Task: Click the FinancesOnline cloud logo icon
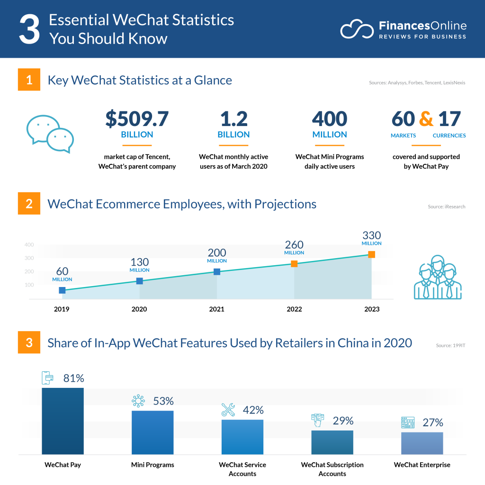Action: pyautogui.click(x=356, y=29)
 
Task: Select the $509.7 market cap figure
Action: pyautogui.click(x=137, y=119)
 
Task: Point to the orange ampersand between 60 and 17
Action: pyautogui.click(x=426, y=119)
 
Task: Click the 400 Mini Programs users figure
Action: pyautogui.click(x=330, y=119)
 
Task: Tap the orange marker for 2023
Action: pyautogui.click(x=371, y=255)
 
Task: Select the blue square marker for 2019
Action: pyautogui.click(x=62, y=290)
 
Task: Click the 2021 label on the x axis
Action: pyautogui.click(x=216, y=309)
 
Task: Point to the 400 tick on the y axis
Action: pyautogui.click(x=29, y=245)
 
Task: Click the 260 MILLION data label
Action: pyautogui.click(x=294, y=247)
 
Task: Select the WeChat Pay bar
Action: pyautogui.click(x=63, y=421)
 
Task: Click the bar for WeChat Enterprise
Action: pyautogui.click(x=422, y=443)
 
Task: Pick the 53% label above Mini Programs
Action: pyautogui.click(x=163, y=401)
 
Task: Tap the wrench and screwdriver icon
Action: pyautogui.click(x=228, y=410)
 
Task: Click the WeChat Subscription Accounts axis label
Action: pyautogui.click(x=332, y=469)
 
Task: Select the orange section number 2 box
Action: pyautogui.click(x=29, y=204)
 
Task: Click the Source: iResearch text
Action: pyautogui.click(x=446, y=207)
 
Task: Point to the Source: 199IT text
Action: pyautogui.click(x=450, y=346)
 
